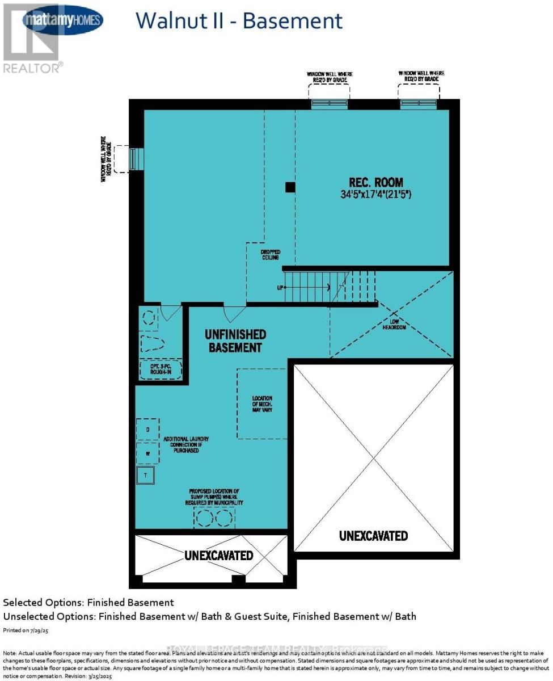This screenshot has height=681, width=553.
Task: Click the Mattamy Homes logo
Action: [62, 21]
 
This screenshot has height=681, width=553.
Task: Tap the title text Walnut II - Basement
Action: [239, 21]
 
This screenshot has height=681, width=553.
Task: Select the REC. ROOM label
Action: [376, 182]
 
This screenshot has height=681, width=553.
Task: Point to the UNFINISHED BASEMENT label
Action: [235, 340]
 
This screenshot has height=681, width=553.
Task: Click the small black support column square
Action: [290, 187]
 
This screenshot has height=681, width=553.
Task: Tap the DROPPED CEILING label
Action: [271, 254]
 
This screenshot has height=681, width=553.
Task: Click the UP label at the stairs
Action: [280, 288]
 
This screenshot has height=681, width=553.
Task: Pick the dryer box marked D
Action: [147, 430]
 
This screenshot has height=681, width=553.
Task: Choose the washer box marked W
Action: [147, 453]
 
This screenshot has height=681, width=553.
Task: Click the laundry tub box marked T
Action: [145, 475]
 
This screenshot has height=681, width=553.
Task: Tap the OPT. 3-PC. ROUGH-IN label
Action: [161, 371]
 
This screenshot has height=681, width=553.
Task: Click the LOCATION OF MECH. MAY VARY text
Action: [262, 403]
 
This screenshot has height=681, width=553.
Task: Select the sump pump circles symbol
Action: [214, 518]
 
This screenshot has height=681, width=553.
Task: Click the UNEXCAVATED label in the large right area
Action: [373, 535]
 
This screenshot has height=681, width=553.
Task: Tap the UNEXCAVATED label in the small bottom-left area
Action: [218, 555]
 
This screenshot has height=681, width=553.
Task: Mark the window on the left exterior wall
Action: [135, 159]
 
